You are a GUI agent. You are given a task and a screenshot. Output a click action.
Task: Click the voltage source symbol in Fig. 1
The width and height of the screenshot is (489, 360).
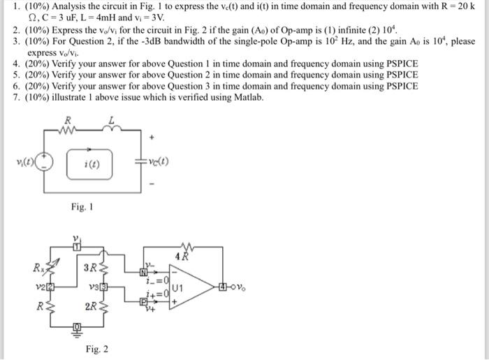tap(46, 163)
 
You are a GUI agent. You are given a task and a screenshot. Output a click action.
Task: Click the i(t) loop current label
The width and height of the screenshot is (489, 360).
tap(92, 166)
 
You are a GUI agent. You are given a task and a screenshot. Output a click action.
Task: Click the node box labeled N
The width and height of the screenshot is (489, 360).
tap(144, 273)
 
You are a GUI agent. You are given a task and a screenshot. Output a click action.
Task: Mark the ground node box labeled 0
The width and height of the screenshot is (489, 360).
tap(78, 327)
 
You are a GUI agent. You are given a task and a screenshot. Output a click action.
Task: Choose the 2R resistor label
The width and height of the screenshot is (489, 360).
tap(91, 306)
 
